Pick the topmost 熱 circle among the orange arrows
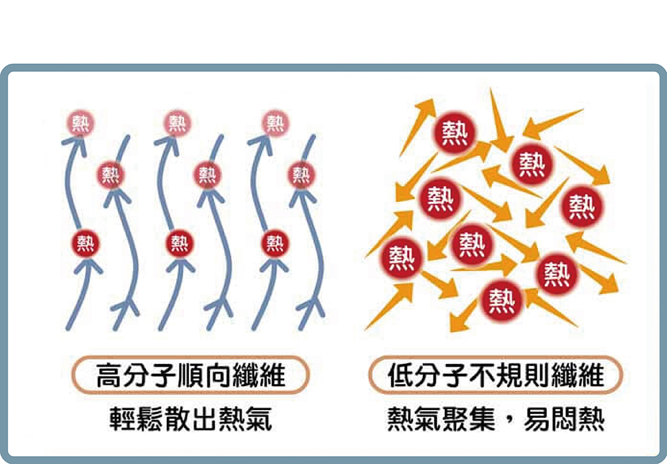(x=456, y=132)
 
